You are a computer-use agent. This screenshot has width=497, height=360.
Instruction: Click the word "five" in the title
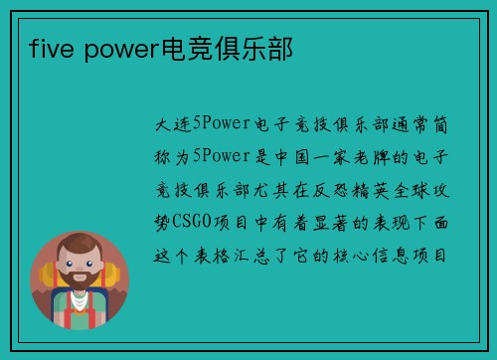coord(49,47)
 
